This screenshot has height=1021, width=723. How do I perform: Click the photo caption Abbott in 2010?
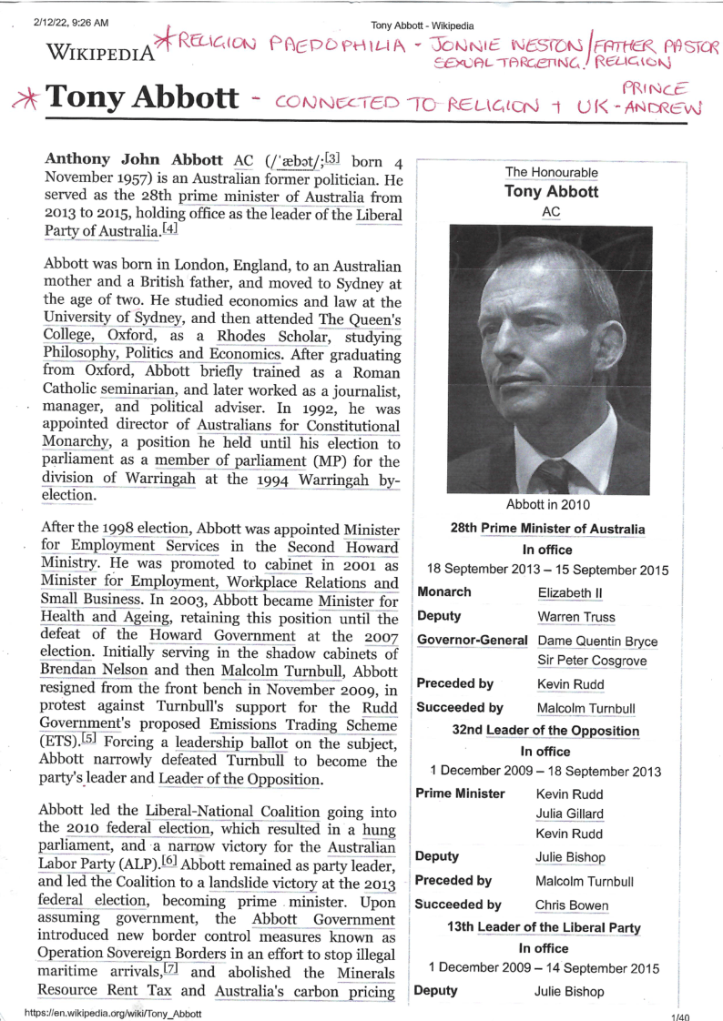coord(547,504)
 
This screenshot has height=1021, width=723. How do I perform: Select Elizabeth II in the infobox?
coord(571,592)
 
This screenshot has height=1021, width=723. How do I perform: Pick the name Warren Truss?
coord(576,617)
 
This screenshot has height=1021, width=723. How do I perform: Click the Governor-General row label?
coord(472,641)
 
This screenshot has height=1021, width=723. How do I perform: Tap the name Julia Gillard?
coord(570,814)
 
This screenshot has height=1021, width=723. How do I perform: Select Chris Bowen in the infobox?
coord(572,905)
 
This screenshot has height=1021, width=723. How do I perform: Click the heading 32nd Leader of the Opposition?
coord(546,731)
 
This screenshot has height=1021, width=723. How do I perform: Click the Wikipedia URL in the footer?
coord(114,1012)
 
